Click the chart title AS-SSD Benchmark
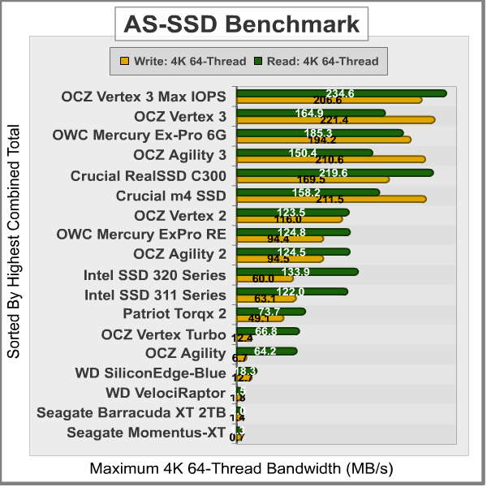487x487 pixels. [x=243, y=24]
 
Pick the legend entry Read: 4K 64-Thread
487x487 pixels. [x=316, y=60]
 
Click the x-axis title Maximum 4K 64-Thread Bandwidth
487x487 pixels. [x=241, y=469]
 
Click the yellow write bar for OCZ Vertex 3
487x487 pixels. [x=335, y=120]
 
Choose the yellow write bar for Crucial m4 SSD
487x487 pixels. [x=331, y=199]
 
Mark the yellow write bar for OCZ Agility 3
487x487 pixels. [x=330, y=159]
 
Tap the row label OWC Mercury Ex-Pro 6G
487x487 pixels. [x=139, y=136]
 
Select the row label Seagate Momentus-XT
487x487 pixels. [x=146, y=433]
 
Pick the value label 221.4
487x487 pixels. [x=333, y=120]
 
